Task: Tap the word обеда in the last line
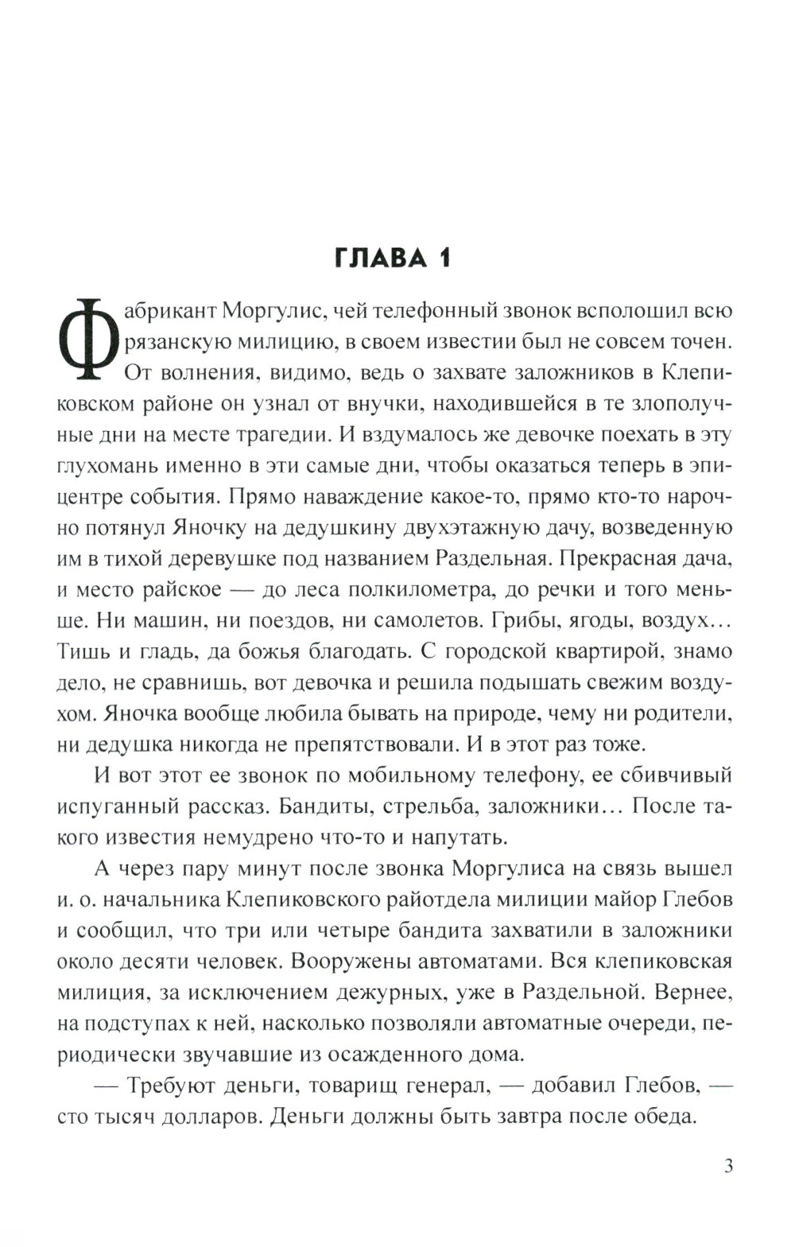click(660, 1117)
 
